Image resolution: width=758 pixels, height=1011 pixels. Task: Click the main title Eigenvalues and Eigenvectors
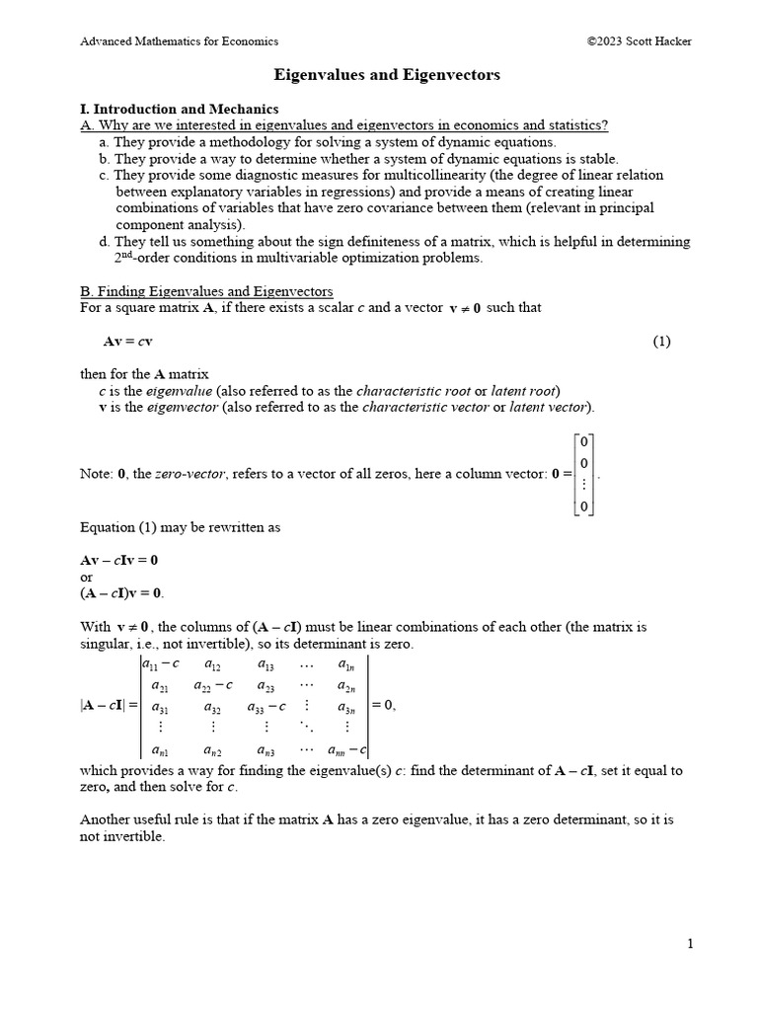pyautogui.click(x=386, y=75)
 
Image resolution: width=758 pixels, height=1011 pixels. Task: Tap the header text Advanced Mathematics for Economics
pyautogui.click(x=179, y=41)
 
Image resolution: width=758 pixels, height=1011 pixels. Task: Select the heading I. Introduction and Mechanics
pyautogui.click(x=179, y=109)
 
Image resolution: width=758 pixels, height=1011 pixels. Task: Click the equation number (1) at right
pyautogui.click(x=661, y=342)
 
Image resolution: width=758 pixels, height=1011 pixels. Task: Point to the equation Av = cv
pyautogui.click(x=127, y=342)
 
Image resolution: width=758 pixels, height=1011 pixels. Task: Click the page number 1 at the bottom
pyautogui.click(x=691, y=944)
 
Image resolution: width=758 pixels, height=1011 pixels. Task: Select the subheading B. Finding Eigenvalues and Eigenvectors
pyautogui.click(x=206, y=291)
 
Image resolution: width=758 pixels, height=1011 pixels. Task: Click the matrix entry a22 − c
pyautogui.click(x=213, y=685)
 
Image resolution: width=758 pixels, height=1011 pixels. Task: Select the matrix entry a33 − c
pyautogui.click(x=265, y=707)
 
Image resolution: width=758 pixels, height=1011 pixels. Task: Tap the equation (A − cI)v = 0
pyautogui.click(x=122, y=592)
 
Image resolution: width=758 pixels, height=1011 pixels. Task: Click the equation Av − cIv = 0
pyautogui.click(x=118, y=560)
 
